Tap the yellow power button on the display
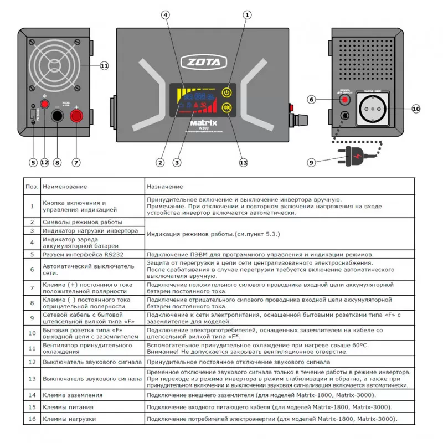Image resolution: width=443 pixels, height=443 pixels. (x=227, y=92)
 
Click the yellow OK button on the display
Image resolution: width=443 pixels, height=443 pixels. (x=227, y=107)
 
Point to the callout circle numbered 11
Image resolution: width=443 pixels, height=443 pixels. (x=104, y=65)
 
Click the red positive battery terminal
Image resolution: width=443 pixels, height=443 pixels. (x=75, y=116)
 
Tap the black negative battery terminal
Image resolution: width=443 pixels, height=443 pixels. (x=56, y=116)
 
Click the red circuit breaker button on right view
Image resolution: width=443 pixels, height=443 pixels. (x=346, y=100)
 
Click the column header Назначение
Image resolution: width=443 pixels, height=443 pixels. (x=165, y=187)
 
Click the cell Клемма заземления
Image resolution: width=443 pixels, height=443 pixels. (x=73, y=395)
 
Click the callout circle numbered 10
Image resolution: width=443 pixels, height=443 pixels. (x=416, y=109)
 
